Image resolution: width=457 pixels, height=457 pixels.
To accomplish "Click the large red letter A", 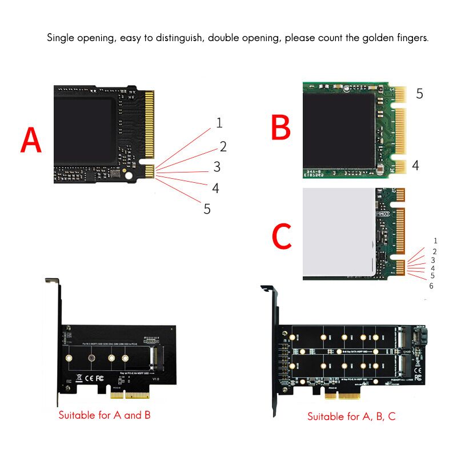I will pyautogui.click(x=31, y=140).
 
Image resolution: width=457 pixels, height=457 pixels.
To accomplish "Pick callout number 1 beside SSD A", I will pyautogui.click(x=219, y=122).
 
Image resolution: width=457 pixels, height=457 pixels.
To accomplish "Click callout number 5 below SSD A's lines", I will pyautogui.click(x=207, y=209).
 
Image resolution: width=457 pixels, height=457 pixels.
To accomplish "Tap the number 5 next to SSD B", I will pyautogui.click(x=419, y=94).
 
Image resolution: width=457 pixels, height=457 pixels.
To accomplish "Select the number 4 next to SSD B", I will pyautogui.click(x=415, y=166).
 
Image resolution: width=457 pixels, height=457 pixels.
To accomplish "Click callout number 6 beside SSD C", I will pyautogui.click(x=431, y=286).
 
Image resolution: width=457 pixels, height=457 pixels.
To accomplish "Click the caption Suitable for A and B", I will pyautogui.click(x=105, y=415).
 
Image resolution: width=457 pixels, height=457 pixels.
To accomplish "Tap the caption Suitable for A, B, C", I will pyautogui.click(x=351, y=416).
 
